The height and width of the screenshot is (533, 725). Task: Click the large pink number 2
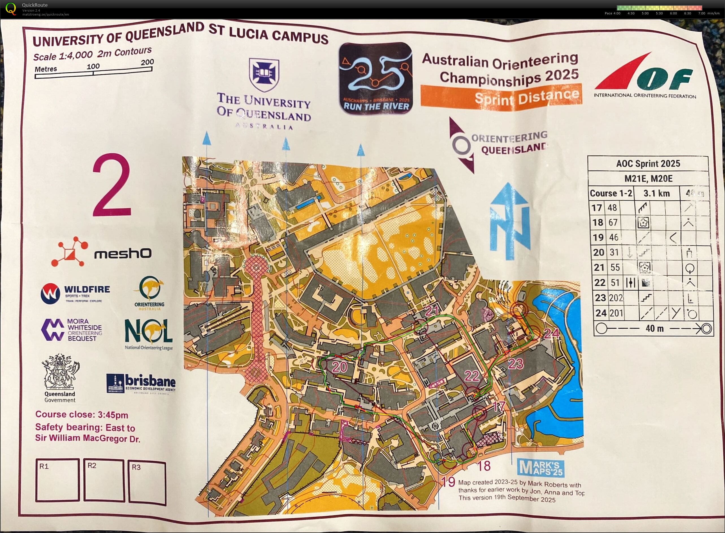click(112, 185)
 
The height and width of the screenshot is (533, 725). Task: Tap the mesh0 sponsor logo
click(101, 253)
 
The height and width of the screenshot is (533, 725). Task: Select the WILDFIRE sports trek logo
click(75, 293)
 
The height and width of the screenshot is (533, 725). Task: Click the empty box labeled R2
click(104, 480)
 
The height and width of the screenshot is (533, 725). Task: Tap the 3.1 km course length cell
click(656, 193)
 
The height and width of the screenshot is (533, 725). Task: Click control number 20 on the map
click(339, 367)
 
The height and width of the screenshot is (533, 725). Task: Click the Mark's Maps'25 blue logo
click(540, 468)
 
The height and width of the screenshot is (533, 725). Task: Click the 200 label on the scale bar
click(147, 62)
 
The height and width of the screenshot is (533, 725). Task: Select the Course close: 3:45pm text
click(82, 415)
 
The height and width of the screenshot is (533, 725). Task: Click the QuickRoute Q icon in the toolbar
click(10, 9)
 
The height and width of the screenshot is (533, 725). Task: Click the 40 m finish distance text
click(654, 328)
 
